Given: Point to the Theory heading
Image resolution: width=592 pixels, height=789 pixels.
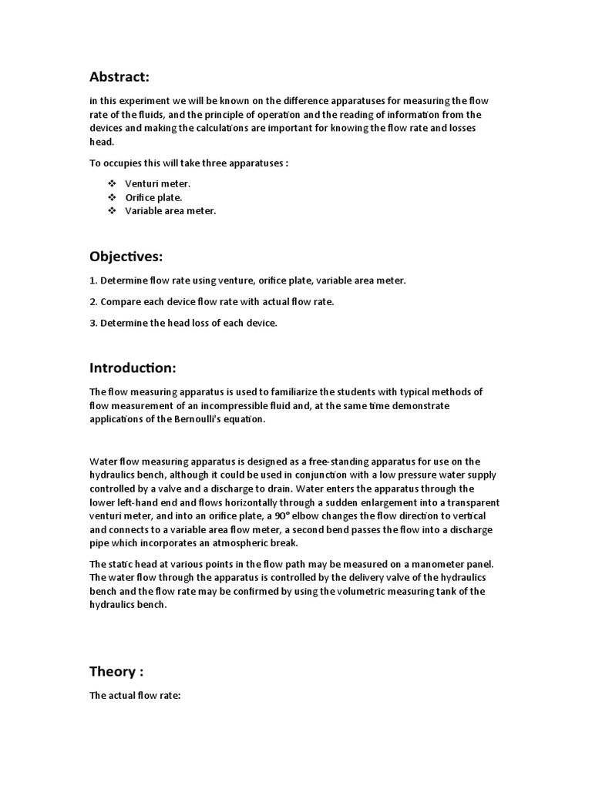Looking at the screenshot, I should click(x=116, y=671).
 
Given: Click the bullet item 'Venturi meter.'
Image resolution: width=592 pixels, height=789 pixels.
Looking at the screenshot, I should click(x=157, y=183).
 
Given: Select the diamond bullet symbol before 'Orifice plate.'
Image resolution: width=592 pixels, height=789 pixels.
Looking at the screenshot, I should click(x=112, y=197).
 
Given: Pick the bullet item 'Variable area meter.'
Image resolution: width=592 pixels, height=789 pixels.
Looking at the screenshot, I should click(x=170, y=211).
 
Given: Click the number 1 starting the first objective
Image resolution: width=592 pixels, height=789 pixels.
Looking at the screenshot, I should click(x=92, y=280).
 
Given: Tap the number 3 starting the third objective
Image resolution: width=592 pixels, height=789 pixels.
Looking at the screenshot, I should click(x=92, y=323).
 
